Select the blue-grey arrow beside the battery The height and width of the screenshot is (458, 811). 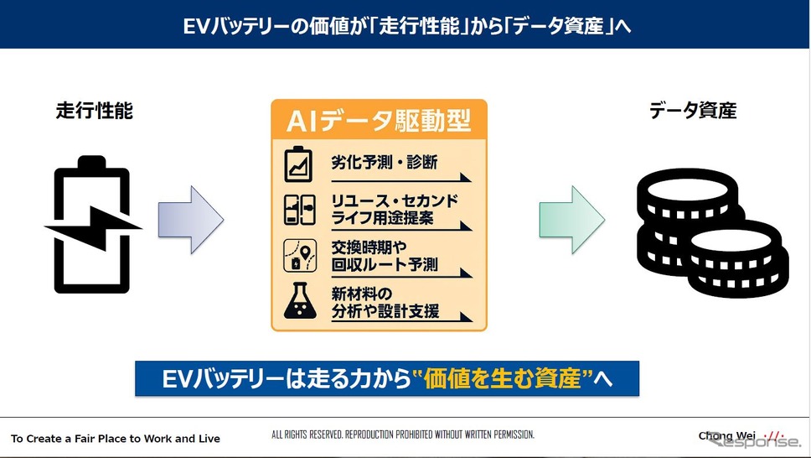click(x=191, y=220)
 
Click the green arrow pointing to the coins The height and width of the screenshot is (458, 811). click(x=572, y=220)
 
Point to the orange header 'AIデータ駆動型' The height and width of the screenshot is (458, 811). click(x=380, y=121)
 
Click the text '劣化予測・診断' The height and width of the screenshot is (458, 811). click(x=385, y=162)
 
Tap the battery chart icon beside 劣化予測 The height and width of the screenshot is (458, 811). click(x=298, y=164)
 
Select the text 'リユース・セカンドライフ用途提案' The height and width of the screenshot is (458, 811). click(x=395, y=210)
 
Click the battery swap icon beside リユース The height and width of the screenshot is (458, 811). click(x=299, y=210)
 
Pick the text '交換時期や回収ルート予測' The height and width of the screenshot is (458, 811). click(x=385, y=256)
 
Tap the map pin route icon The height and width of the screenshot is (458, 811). click(x=300, y=255)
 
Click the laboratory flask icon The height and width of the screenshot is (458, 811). click(x=300, y=300)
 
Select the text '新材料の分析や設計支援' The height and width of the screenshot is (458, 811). click(x=385, y=303)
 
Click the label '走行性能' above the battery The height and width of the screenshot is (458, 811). click(x=95, y=111)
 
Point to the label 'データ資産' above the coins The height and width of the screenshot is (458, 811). click(x=693, y=111)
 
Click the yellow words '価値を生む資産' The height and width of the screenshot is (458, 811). click(x=502, y=379)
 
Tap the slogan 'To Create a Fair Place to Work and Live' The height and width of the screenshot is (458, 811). click(x=116, y=439)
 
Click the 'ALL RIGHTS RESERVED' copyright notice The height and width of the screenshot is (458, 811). click(x=403, y=435)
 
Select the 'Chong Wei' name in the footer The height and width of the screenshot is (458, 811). click(x=726, y=435)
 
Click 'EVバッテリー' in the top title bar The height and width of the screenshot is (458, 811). click(x=236, y=27)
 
